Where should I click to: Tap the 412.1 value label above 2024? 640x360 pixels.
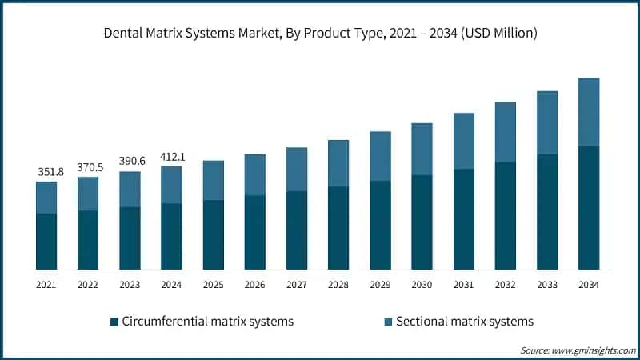tap(171, 157)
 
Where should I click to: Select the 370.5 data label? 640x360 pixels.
tap(88, 166)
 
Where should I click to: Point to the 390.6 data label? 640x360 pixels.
tap(130, 162)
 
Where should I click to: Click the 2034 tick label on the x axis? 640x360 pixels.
tap(589, 284)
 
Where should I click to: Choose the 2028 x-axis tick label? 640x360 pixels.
tap(338, 284)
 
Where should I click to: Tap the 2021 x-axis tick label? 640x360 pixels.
tap(46, 284)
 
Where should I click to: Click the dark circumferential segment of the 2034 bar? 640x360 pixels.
tap(589, 208)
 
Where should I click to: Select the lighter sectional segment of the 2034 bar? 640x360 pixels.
tap(589, 112)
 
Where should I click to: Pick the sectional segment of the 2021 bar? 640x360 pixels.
tap(46, 198)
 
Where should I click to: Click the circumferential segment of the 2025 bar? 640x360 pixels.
tap(213, 234)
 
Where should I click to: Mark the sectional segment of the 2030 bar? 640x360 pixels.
tap(422, 149)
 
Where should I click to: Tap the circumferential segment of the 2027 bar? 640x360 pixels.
tap(297, 230)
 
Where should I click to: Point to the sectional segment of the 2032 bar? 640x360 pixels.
tap(505, 132)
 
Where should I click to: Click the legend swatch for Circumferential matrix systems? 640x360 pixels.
tap(114, 322)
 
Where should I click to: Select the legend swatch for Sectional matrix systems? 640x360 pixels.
tap(388, 322)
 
